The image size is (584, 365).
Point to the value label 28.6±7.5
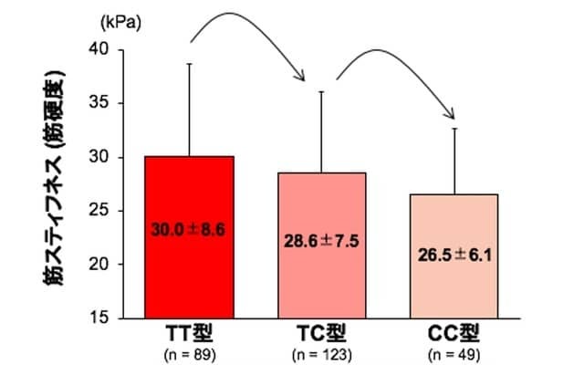(321, 242)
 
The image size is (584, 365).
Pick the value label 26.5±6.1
(454, 255)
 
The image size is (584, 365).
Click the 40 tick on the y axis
(107, 50)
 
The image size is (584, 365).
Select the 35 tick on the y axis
(107, 104)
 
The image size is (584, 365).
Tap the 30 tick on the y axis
(107, 157)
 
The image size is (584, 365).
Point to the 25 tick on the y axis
(107, 211)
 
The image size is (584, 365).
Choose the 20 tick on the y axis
(107, 265)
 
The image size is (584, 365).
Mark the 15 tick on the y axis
(107, 318)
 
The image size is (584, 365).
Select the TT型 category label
(190, 332)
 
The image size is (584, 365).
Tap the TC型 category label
(321, 332)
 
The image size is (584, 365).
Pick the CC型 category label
(454, 332)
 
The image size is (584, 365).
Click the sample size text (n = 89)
(190, 350)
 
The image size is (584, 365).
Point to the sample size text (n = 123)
(321, 350)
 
